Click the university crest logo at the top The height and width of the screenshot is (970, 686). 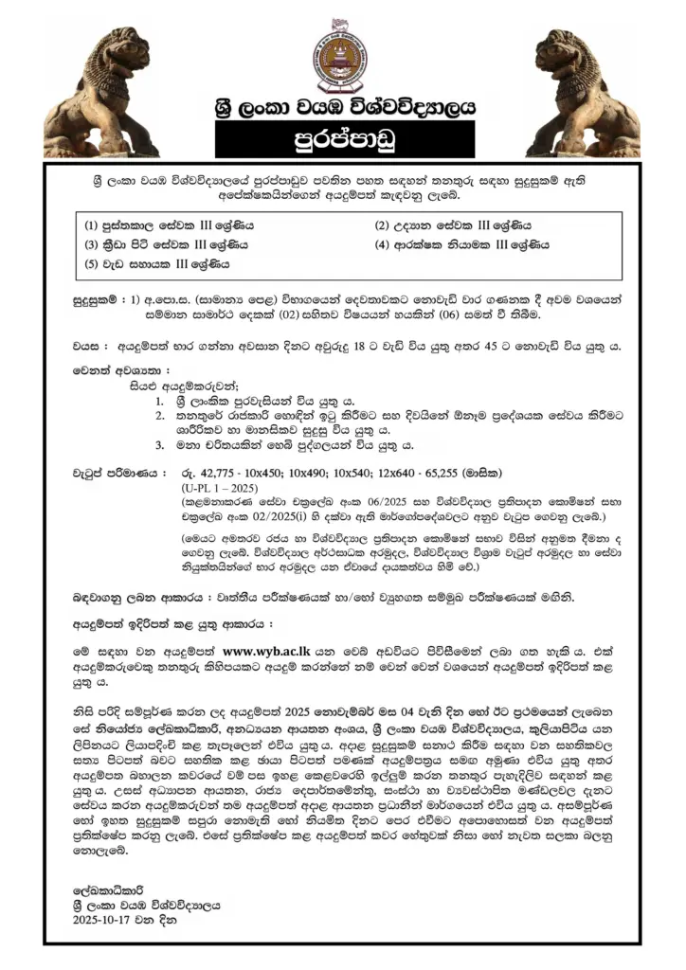(342, 54)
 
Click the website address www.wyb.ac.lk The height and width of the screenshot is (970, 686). (268, 652)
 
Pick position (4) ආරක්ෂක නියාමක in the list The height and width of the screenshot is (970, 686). (463, 245)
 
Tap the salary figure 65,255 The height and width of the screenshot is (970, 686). (452, 472)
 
